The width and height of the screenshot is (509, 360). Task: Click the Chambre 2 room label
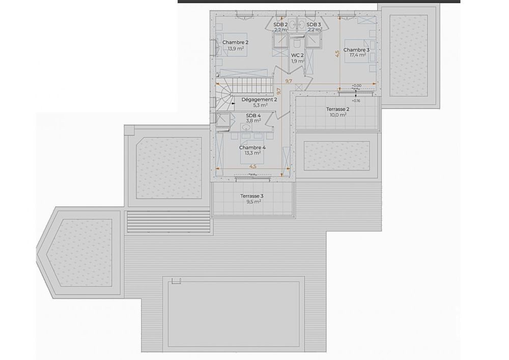[236, 42]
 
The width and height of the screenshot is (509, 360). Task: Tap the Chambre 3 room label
[356, 49]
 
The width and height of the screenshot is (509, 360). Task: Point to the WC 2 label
[298, 55]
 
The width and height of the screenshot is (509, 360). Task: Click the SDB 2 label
[280, 24]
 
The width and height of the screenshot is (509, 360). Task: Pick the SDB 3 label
[314, 24]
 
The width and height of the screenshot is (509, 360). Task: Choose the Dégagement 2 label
[260, 99]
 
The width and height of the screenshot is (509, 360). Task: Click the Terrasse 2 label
[337, 109]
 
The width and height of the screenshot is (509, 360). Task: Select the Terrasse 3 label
[252, 196]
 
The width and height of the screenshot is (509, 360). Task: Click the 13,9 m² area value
[236, 48]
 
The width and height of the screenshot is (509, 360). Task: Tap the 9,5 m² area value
[253, 201]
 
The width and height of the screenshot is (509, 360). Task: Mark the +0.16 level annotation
[356, 101]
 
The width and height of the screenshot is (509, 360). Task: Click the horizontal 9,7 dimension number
[289, 81]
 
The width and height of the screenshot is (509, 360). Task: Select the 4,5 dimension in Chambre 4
[252, 166]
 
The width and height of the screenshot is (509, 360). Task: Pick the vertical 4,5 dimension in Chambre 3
[337, 53]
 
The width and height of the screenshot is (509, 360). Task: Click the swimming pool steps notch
[176, 282]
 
